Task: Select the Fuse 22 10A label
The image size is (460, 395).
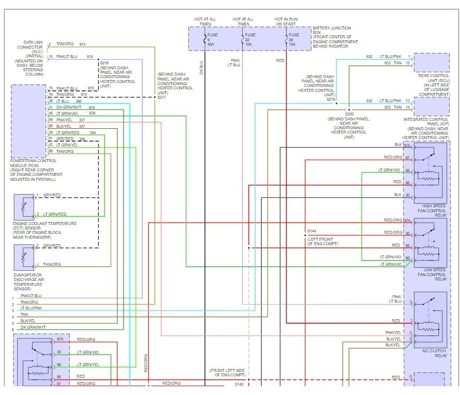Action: (x=251, y=39)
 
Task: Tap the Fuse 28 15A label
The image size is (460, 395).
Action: (x=294, y=39)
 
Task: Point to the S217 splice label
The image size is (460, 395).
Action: (x=162, y=97)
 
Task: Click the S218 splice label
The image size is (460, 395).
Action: (x=104, y=63)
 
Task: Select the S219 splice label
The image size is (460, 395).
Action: (x=331, y=99)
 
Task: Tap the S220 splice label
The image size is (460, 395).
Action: (x=349, y=114)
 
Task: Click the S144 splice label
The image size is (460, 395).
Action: (x=312, y=231)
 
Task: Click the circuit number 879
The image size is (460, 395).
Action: (x=92, y=107)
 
